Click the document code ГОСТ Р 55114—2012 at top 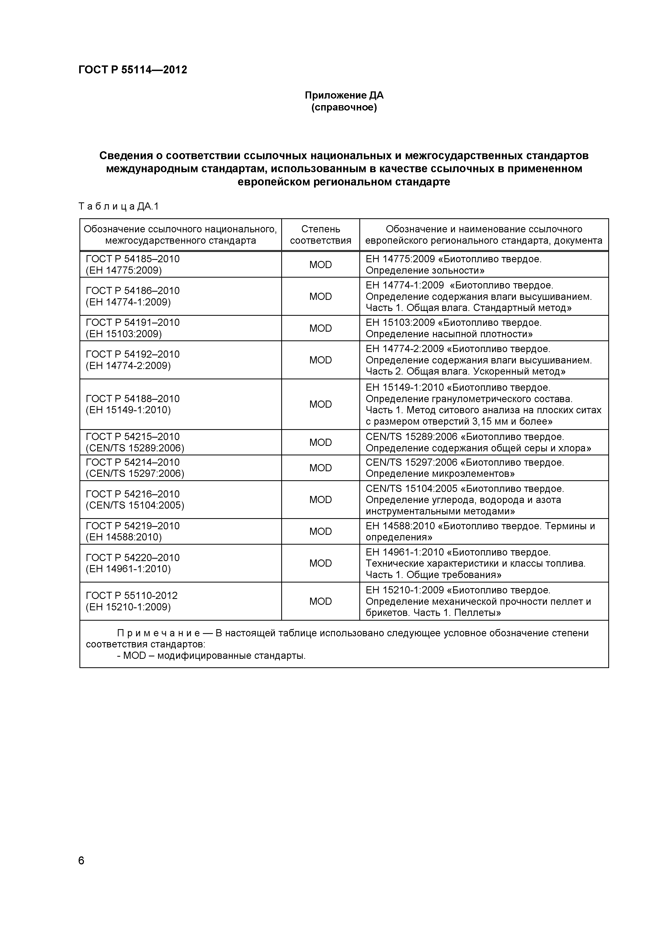point(132,70)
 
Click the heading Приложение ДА point(344,95)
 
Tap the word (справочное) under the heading point(344,108)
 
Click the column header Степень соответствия point(320,235)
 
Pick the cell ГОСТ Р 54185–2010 point(133,259)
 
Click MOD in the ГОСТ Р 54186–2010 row point(320,297)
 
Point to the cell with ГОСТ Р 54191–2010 point(133,322)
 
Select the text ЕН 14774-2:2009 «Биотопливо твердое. point(458,349)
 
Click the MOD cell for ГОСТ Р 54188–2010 point(320,404)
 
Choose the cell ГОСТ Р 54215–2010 point(133,437)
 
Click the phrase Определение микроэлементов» point(440,474)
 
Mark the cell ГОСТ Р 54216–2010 point(133,494)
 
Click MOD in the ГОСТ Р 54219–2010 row point(320,532)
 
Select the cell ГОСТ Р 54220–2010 point(133,558)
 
